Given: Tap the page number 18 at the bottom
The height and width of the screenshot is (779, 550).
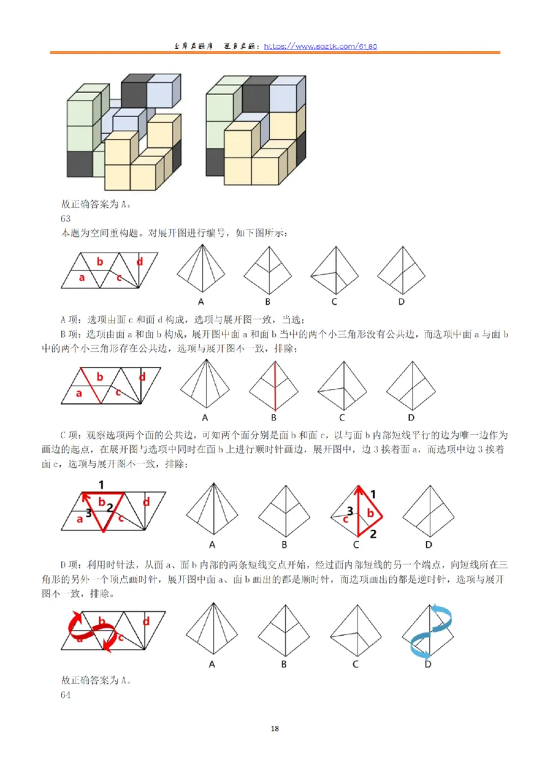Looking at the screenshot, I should pyautogui.click(x=275, y=729).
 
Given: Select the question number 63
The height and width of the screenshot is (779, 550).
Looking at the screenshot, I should pyautogui.click(x=65, y=219).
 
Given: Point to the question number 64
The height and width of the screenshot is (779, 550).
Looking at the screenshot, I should pyautogui.click(x=65, y=695).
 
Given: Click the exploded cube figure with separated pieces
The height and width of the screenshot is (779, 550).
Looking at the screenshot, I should pyautogui.click(x=124, y=131).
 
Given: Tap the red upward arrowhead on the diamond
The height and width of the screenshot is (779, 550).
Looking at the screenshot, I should pyautogui.click(x=358, y=490).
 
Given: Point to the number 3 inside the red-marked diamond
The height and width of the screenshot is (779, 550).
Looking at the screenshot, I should pyautogui.click(x=350, y=511).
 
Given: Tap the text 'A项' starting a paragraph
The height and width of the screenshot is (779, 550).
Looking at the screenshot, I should pyautogui.click(x=71, y=319).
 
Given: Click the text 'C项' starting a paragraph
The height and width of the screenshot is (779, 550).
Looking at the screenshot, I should pyautogui.click(x=71, y=435).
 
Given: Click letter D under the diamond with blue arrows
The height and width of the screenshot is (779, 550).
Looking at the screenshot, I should pyautogui.click(x=427, y=664).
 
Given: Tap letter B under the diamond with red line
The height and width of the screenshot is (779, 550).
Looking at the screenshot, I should pyautogui.click(x=273, y=417).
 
